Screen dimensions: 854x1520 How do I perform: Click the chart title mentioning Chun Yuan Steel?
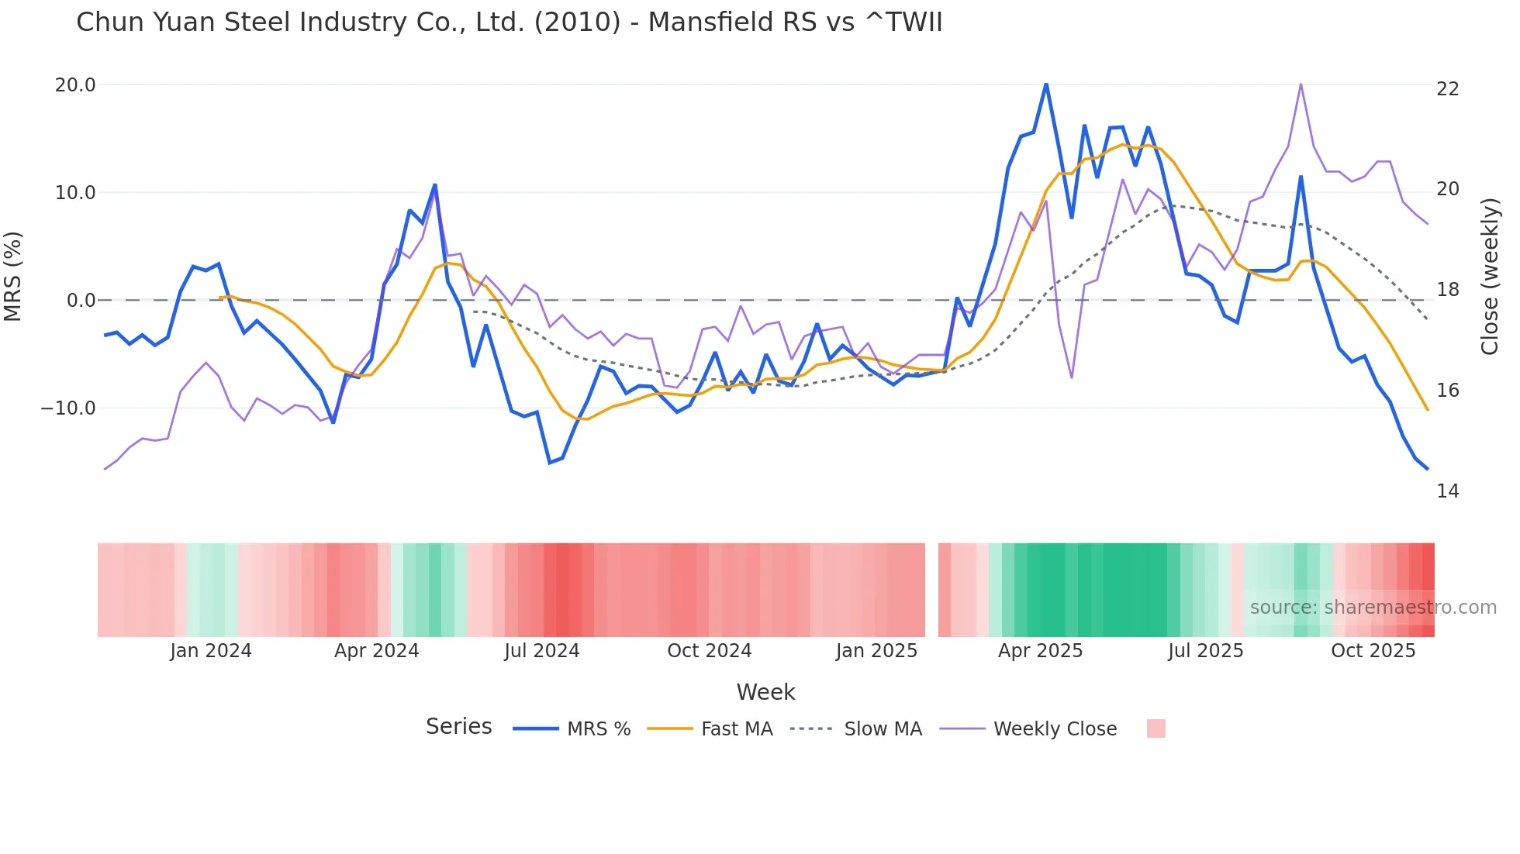tap(509, 22)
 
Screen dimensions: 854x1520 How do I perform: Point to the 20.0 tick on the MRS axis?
tap(75, 85)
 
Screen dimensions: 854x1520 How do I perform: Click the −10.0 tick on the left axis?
tap(68, 408)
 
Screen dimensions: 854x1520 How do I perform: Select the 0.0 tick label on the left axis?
tap(81, 301)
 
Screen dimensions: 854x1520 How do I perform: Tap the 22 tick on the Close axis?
tap(1447, 89)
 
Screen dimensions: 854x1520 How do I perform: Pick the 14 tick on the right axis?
tap(1447, 491)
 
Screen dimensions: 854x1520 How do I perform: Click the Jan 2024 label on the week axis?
tap(211, 651)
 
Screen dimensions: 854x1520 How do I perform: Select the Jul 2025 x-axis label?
tap(1205, 651)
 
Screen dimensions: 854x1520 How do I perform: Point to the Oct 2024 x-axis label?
tap(709, 651)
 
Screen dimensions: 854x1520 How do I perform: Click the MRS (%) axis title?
tap(13, 277)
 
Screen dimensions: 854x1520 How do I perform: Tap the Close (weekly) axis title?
tap(1489, 277)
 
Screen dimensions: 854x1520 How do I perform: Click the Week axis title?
tap(765, 692)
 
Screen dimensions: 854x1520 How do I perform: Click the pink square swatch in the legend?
tap(1156, 728)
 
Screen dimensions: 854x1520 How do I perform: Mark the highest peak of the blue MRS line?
tap(1046, 84)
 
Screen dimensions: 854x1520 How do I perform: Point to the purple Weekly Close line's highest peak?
tap(1301, 84)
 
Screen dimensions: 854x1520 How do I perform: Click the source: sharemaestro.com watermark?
tap(1373, 608)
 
